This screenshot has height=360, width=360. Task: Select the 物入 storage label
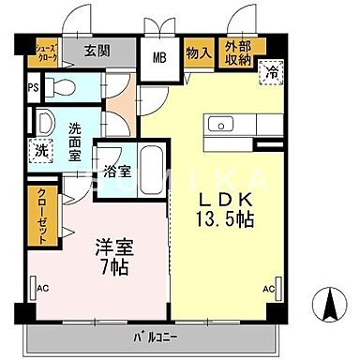pos(197,52)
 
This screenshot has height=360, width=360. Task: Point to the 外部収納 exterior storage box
pos(237,52)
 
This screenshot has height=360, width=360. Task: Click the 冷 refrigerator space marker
pos(272,72)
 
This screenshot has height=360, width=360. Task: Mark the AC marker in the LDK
pos(270,288)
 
